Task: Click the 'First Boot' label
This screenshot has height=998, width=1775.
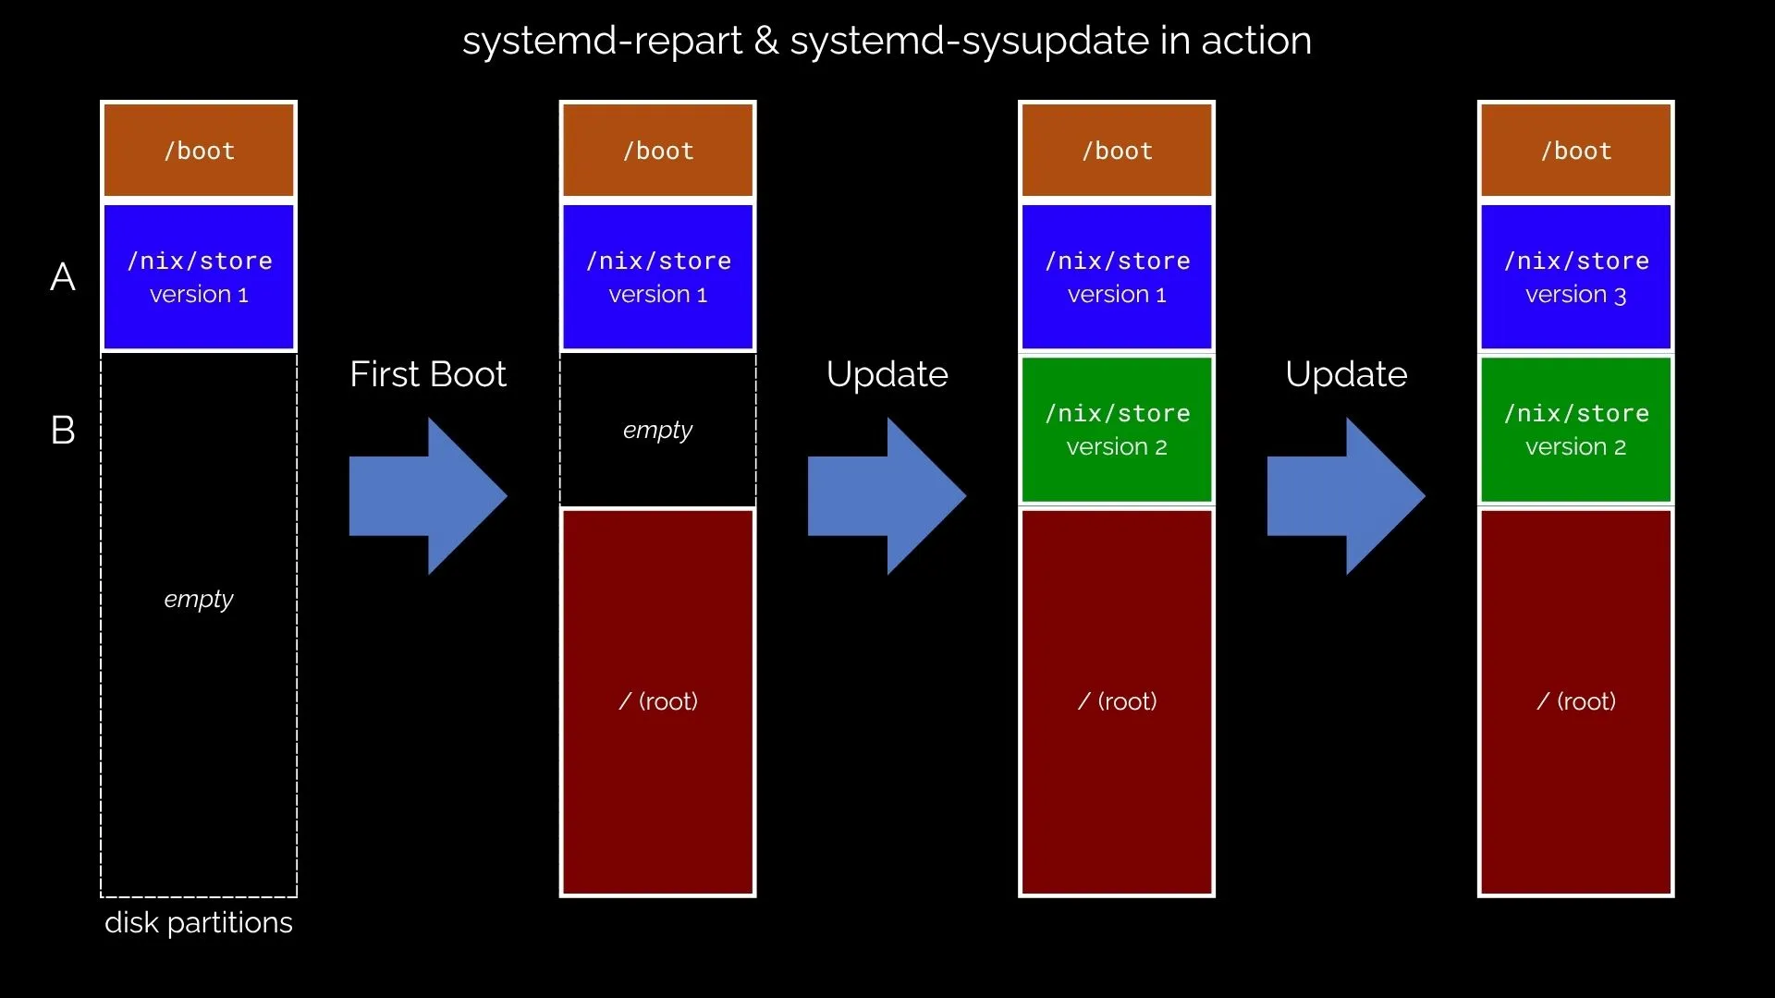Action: pyautogui.click(x=428, y=374)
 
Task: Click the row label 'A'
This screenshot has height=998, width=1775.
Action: pyautogui.click(x=63, y=277)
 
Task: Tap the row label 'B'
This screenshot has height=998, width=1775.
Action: pyautogui.click(x=63, y=430)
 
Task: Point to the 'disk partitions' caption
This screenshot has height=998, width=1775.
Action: pyautogui.click(x=199, y=922)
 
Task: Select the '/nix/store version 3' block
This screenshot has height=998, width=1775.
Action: pyautogui.click(x=1575, y=277)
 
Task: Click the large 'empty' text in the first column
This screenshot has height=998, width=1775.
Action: pyautogui.click(x=199, y=599)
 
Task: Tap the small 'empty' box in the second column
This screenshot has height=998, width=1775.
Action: pyautogui.click(x=657, y=430)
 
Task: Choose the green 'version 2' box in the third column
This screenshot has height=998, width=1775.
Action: pyautogui.click(x=1117, y=430)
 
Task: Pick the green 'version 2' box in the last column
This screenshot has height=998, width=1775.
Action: pyautogui.click(x=1575, y=430)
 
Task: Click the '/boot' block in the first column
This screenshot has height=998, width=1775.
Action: pyautogui.click(x=199, y=151)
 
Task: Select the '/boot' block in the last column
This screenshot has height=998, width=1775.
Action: pyautogui.click(x=1575, y=151)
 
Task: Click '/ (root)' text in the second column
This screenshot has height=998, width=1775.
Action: pyautogui.click(x=657, y=701)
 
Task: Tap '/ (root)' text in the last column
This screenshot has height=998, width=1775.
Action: pyautogui.click(x=1575, y=701)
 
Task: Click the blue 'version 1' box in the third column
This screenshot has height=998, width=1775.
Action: pyautogui.click(x=1117, y=277)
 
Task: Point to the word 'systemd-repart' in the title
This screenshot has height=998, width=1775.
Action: pyautogui.click(x=601, y=41)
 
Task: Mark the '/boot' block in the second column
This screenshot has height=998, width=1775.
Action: pyautogui.click(x=657, y=151)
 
